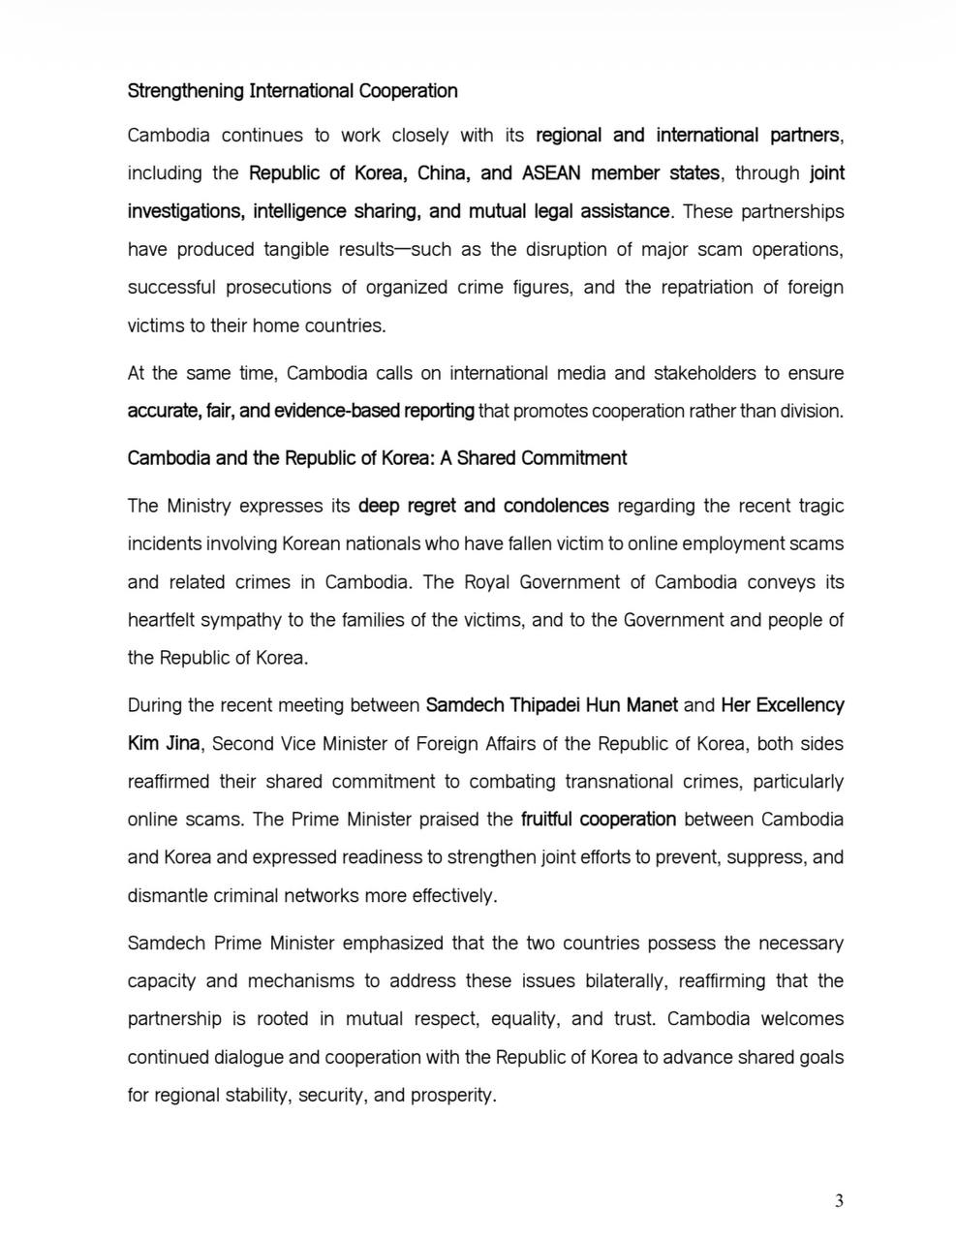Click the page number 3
point(839,1201)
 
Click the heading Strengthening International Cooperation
point(293,91)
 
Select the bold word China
point(445,173)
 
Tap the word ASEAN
point(551,173)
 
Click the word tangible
point(296,249)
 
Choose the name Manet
point(652,705)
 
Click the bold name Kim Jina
point(164,744)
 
